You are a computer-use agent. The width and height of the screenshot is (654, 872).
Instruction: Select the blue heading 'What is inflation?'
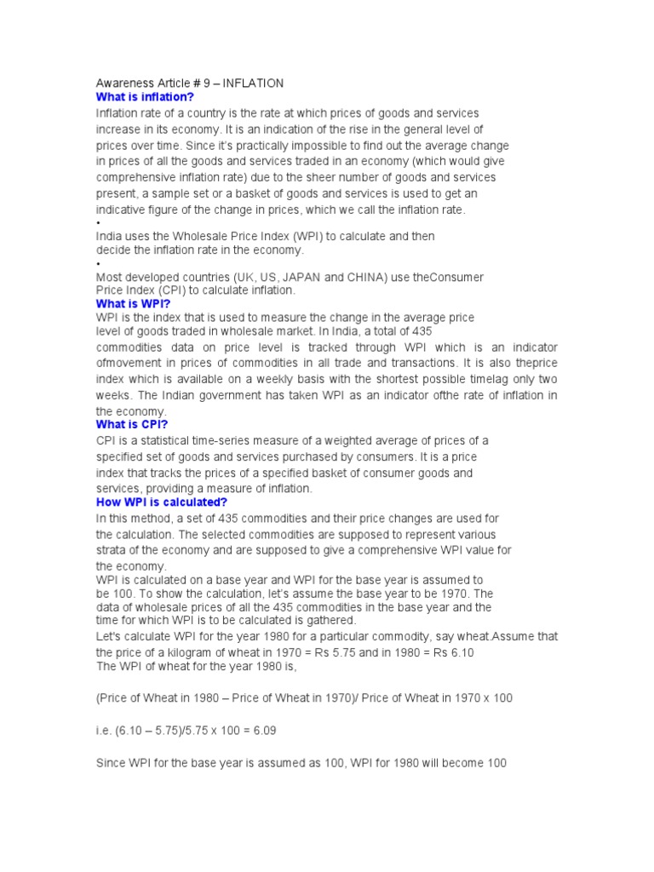[146, 97]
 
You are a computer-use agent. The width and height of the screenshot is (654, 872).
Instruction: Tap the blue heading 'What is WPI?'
[134, 303]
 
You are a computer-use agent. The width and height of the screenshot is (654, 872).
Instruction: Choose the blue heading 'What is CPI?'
[132, 424]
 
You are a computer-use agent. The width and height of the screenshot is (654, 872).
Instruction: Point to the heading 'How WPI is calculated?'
[162, 502]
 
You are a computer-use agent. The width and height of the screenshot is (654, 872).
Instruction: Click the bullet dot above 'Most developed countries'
[98, 265]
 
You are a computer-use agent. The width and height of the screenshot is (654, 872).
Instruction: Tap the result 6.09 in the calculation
[261, 731]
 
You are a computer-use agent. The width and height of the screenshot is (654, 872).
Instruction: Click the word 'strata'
[111, 550]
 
